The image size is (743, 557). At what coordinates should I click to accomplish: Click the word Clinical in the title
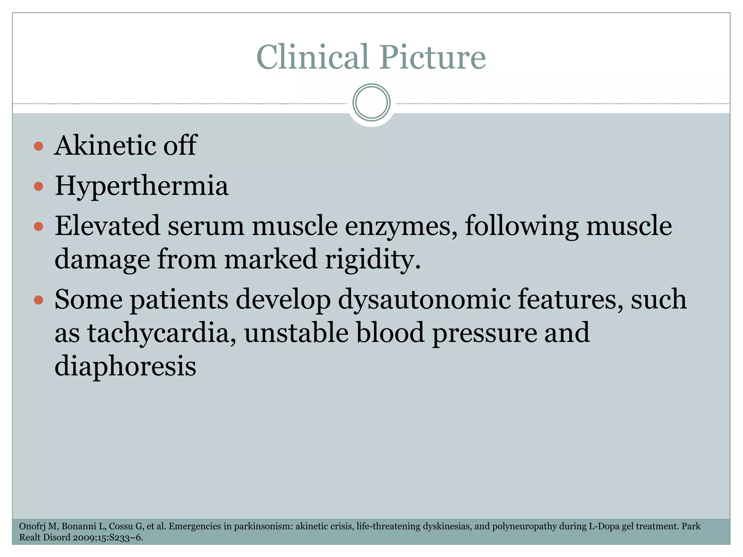pyautogui.click(x=312, y=57)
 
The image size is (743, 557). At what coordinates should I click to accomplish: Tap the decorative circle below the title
pyautogui.click(x=371, y=103)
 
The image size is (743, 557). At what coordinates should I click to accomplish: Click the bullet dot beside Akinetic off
pyautogui.click(x=38, y=147)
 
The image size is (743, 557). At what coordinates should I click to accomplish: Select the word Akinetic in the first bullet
pyautogui.click(x=105, y=145)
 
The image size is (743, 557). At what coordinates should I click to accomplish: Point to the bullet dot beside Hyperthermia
pyautogui.click(x=38, y=187)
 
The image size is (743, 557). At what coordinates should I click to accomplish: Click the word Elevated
pyautogui.click(x=107, y=226)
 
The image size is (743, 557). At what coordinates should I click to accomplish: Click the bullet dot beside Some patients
pyautogui.click(x=38, y=300)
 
